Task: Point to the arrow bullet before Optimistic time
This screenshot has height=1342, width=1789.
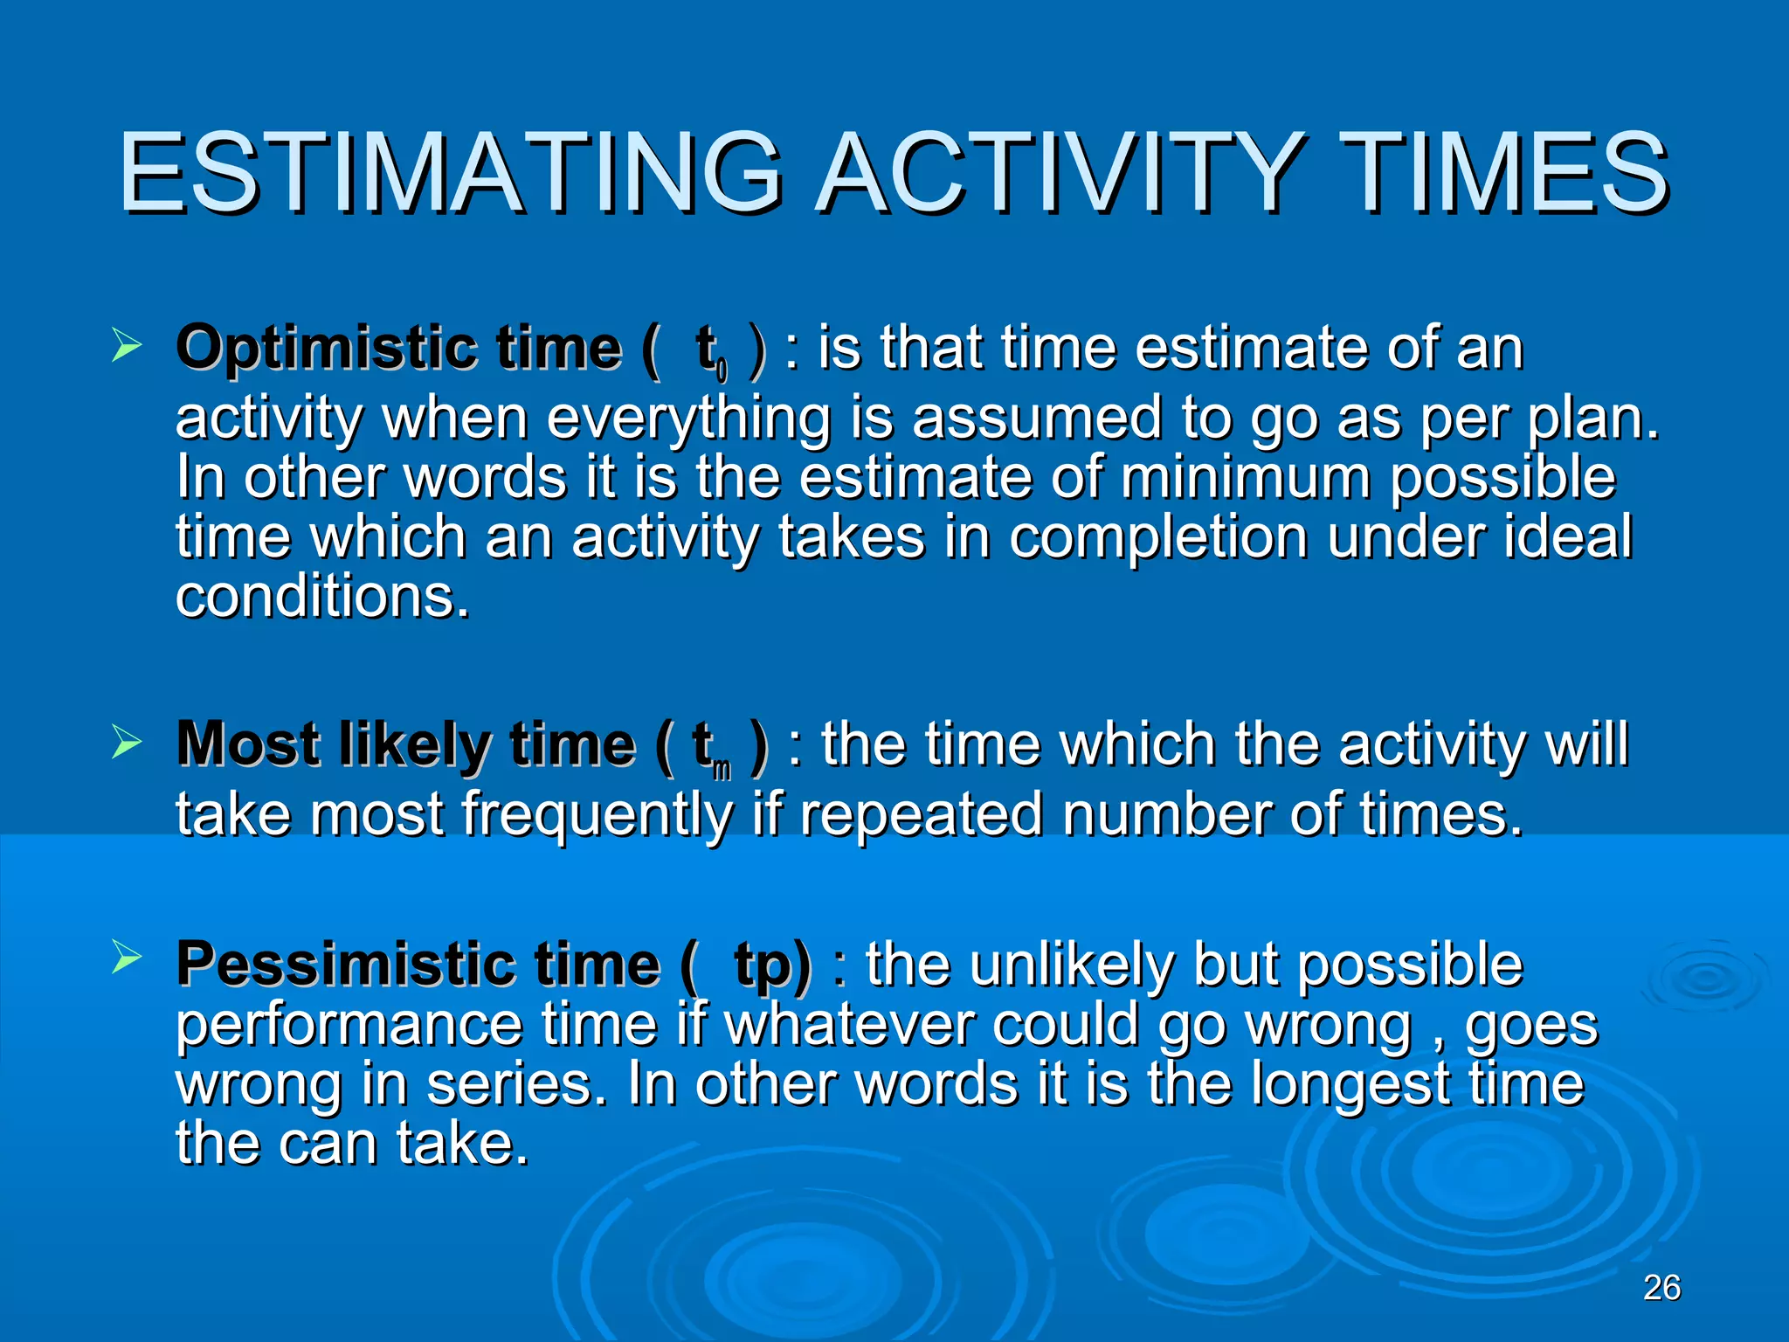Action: point(127,348)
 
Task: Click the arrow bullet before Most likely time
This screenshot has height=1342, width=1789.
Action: point(127,744)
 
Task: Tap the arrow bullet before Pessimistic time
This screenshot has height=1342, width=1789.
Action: point(127,958)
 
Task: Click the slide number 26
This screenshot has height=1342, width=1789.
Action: point(1661,1288)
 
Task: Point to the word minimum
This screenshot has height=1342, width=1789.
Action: point(1245,478)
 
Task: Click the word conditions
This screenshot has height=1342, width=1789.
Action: point(321,597)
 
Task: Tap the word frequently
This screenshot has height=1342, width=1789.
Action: point(597,815)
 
